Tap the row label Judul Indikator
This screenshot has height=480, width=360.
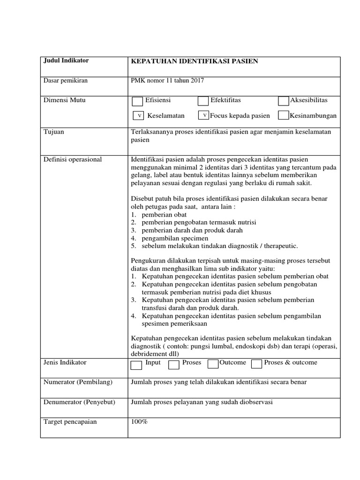(x=66, y=61)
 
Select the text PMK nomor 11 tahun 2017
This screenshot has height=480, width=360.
(x=167, y=81)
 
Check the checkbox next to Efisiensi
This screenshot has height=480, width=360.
(x=137, y=101)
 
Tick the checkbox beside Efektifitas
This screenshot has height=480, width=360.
(x=203, y=101)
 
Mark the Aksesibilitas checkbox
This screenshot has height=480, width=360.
(x=283, y=101)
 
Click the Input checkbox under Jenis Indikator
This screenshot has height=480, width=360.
(x=136, y=365)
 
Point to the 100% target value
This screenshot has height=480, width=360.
(x=139, y=422)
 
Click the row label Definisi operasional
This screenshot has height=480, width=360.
(x=73, y=160)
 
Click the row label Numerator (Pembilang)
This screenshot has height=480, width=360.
(x=78, y=382)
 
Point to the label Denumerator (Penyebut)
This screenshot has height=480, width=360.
(x=79, y=402)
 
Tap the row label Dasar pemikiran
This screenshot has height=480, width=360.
(x=66, y=81)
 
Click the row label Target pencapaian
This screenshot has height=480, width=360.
(x=70, y=422)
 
